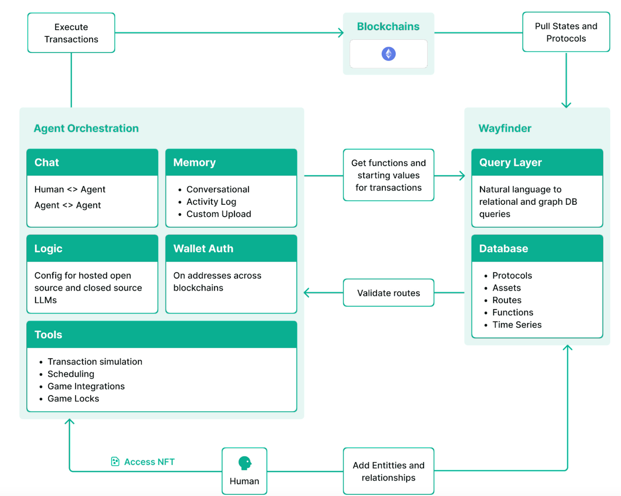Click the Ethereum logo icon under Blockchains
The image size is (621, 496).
tap(388, 54)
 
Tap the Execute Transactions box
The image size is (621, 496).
tap(71, 33)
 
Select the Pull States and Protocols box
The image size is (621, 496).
tap(566, 32)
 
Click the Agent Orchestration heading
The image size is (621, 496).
tap(86, 128)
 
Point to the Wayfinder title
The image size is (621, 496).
tap(505, 128)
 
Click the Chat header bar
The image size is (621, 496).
tap(92, 162)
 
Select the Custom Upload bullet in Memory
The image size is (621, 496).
tap(218, 214)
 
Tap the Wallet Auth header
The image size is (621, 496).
tap(231, 248)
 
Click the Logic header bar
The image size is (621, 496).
tap(92, 248)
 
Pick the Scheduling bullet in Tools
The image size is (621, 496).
tap(71, 374)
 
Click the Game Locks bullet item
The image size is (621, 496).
tap(73, 399)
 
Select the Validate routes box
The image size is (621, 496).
tap(388, 293)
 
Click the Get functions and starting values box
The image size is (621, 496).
tap(388, 175)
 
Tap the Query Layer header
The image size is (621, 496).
tap(537, 162)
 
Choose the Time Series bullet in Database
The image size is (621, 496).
tap(517, 325)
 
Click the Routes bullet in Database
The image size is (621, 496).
tap(507, 300)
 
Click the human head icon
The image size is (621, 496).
tap(245, 463)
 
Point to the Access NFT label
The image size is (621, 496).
tap(149, 462)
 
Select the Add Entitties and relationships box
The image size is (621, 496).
tap(388, 471)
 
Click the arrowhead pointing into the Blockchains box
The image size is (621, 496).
tap(340, 33)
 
